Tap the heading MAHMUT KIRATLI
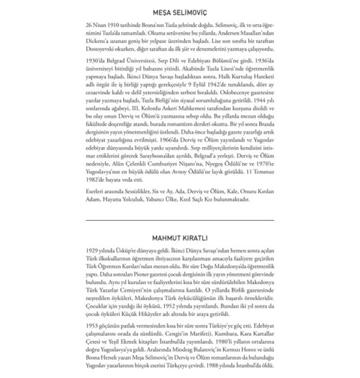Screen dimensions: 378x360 (180, 238)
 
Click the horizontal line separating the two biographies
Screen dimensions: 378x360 (180, 220)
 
